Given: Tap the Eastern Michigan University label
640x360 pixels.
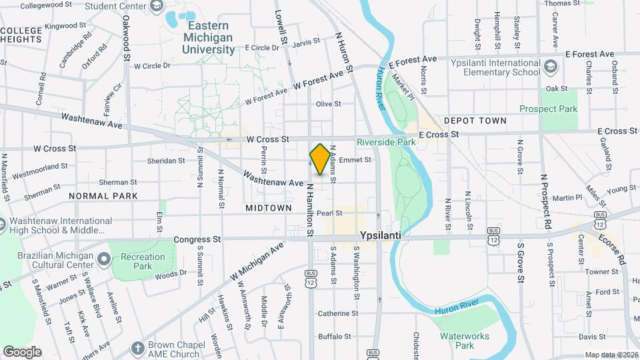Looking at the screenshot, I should pos(209,37).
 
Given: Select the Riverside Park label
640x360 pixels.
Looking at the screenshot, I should pos(386,142).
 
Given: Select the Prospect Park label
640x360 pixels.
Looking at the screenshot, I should pos(548,109).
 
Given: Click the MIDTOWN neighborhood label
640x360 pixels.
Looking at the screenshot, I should pos(268,208).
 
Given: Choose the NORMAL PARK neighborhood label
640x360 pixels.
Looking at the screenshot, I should pos(103,196).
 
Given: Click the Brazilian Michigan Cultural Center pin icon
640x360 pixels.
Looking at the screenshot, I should pos(103,257).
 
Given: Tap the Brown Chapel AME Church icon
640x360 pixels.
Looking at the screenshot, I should pos(137,348).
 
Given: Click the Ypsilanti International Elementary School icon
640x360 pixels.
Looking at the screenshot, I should pos(551,66).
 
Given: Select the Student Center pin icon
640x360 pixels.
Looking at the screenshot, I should pos(156,7).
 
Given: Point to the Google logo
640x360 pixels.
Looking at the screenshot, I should pos(22,352).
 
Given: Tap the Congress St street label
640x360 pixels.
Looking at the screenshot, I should pos(197,239).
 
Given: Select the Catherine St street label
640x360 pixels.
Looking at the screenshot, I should pos(338,313).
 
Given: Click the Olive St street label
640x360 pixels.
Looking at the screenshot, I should pos(328,104).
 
